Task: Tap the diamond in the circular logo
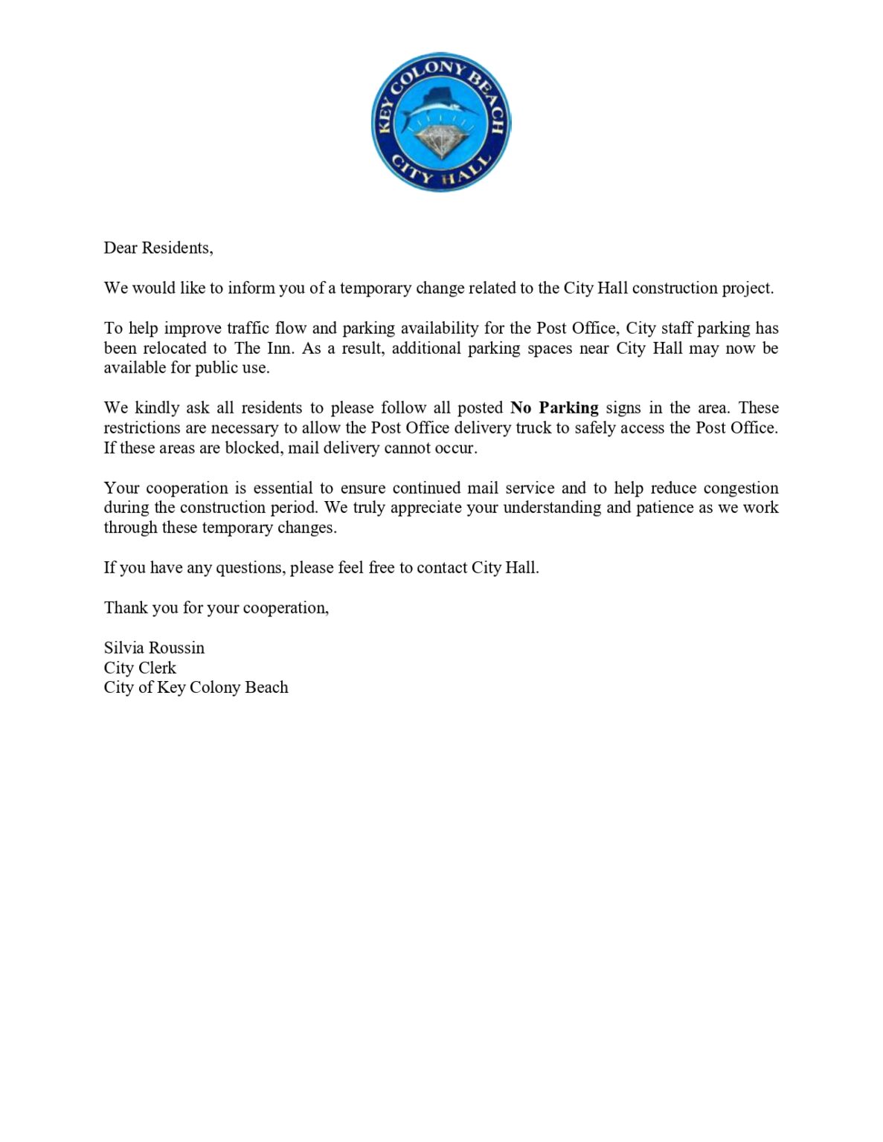point(440,141)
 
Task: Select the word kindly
point(157,408)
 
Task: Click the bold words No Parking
point(554,408)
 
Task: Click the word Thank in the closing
point(126,608)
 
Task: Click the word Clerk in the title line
point(157,668)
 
